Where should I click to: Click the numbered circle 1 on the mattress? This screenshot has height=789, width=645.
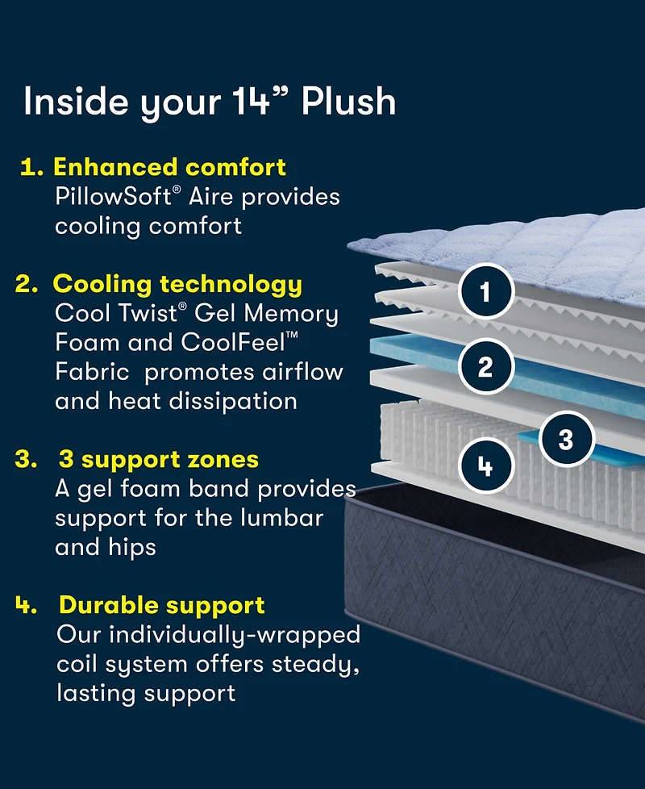[x=486, y=291]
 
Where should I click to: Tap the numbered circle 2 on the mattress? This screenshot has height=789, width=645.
[x=485, y=367]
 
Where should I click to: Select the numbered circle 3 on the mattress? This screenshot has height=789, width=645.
[x=566, y=440]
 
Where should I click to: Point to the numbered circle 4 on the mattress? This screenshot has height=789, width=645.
[x=486, y=465]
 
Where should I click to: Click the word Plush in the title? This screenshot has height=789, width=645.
[x=349, y=102]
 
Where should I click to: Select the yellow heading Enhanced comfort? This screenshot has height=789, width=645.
[x=169, y=167]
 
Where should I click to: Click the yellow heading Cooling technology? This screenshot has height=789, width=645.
[x=177, y=284]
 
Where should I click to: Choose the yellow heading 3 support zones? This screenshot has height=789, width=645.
[x=159, y=460]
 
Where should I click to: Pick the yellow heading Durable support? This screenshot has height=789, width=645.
[x=162, y=605]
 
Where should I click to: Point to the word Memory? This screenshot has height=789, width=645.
[x=291, y=313]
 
